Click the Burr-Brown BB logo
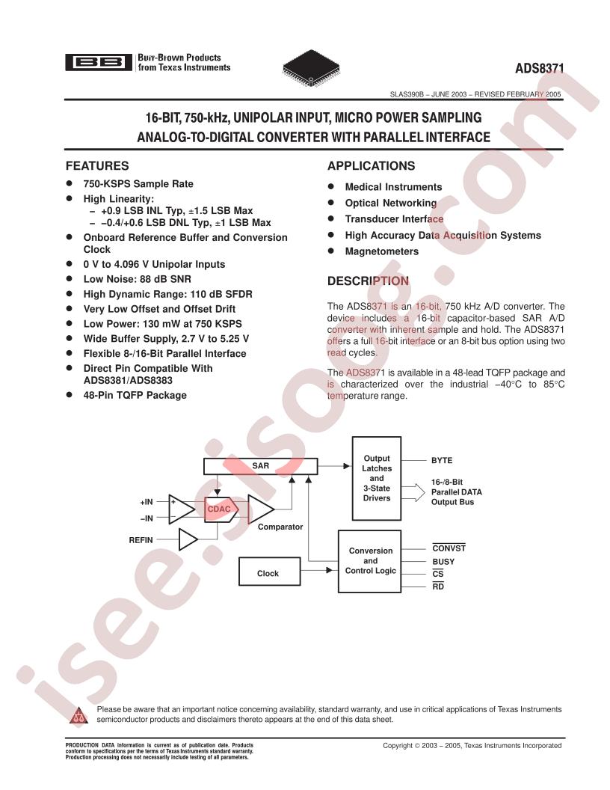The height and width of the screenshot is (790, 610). coord(99,63)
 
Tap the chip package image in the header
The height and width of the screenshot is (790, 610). coord(311,68)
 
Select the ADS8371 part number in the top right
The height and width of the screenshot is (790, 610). coord(539,69)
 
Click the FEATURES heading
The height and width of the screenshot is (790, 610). coord(97,166)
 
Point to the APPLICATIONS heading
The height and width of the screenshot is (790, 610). coord(372,166)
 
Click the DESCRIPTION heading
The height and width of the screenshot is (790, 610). coord(369,281)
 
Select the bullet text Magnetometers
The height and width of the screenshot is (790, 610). coord(381,251)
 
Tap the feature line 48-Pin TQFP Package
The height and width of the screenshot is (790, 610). coord(135,396)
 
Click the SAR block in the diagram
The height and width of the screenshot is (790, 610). coord(261,466)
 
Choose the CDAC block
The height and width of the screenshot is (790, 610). coord(221,509)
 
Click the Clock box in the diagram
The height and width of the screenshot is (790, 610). coord(269,572)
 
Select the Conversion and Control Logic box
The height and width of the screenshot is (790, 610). coord(370,561)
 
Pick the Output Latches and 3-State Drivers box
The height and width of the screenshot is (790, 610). coord(377,478)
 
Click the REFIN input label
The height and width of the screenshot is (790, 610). coord(141,540)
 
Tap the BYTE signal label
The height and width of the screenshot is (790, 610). coord(442,461)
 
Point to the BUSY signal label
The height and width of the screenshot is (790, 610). coord(443,562)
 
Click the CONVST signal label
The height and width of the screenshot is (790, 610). coord(449,548)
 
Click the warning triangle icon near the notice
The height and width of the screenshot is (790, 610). coord(78,715)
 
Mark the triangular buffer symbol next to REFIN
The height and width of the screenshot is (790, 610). coord(188,539)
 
